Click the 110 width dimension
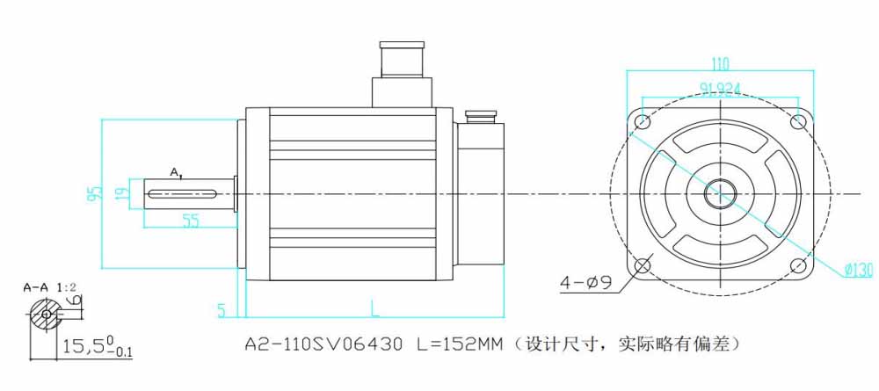coord(720,63)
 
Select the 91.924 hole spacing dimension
coord(720,88)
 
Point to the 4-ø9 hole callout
coord(586,283)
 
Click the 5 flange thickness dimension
coord(222,309)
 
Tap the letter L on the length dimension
coord(374,308)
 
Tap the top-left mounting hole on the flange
coord(643,121)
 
